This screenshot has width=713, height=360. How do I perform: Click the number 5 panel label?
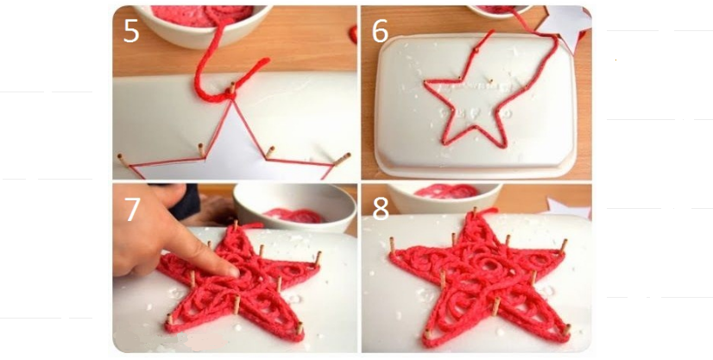tap(131, 31)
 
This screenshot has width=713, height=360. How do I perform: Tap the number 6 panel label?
tap(380, 31)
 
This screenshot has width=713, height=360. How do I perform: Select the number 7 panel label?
tap(132, 210)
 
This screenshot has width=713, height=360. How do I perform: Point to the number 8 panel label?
tap(381, 210)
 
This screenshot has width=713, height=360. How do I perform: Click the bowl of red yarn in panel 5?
tap(203, 25)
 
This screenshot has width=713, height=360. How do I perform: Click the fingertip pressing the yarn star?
tap(232, 271)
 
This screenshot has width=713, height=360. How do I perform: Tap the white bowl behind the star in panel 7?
tap(294, 207)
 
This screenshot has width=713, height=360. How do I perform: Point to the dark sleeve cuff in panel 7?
tap(189, 201)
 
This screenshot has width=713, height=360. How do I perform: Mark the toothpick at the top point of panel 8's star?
tap(475, 212)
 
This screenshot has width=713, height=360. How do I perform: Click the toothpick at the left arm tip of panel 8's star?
tap(392, 244)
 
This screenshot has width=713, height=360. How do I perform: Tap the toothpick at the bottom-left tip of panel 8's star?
tap(426, 334)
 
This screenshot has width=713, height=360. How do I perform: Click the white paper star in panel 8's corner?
tap(568, 208)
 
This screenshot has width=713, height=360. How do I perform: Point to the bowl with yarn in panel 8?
tap(445, 197)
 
